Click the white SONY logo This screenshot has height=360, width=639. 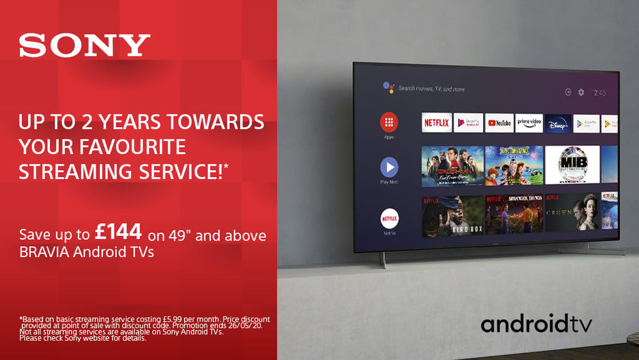click(x=84, y=45)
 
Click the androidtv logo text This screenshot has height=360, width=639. click(x=536, y=324)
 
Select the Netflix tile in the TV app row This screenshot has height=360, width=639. click(x=436, y=123)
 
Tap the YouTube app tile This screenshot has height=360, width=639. click(x=499, y=123)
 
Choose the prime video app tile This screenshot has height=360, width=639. click(x=529, y=123)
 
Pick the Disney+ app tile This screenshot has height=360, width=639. click(x=558, y=123)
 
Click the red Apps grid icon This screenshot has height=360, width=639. click(x=389, y=121)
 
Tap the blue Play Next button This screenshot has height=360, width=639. click(x=389, y=168)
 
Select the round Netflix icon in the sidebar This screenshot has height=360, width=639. click(x=390, y=218)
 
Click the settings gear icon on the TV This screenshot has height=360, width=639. click(x=581, y=92)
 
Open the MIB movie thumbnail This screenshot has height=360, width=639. click(x=572, y=165)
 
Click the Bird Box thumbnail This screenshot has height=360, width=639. click(x=452, y=215)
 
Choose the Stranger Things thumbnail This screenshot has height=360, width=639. click(x=514, y=214)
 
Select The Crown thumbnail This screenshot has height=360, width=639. click(x=572, y=214)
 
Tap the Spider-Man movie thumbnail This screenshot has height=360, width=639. click(x=452, y=166)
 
